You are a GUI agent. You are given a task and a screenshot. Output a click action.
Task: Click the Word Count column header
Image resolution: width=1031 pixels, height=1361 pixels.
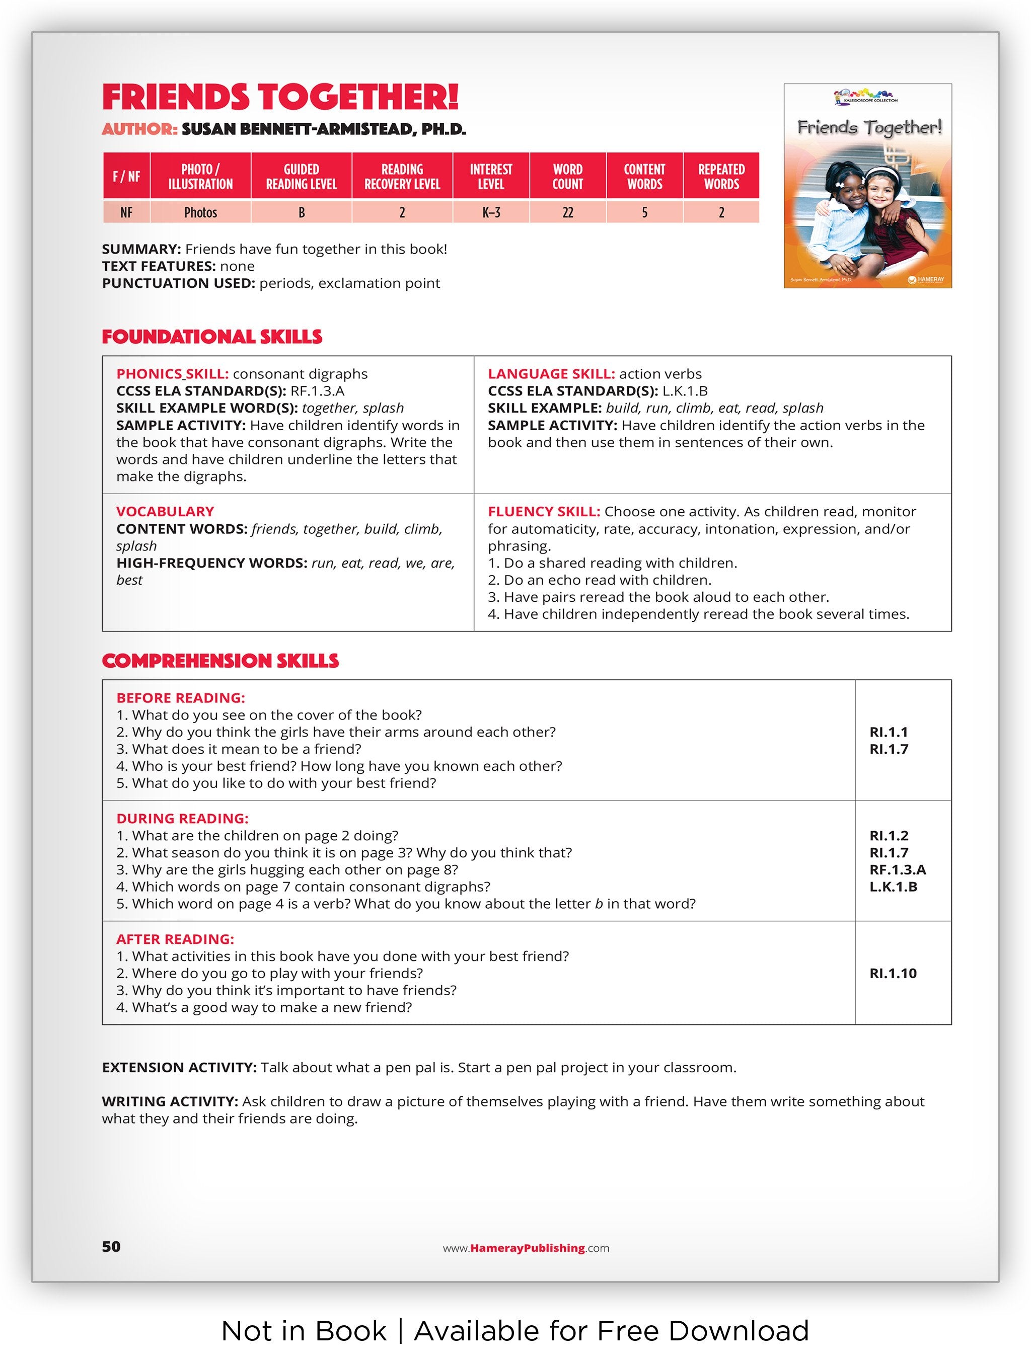pos(567,176)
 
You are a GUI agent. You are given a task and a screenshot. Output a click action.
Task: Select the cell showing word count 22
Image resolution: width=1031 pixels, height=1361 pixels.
pos(567,212)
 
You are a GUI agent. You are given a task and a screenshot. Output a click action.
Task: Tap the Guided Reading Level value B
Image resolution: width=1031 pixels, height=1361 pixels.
pos(301,212)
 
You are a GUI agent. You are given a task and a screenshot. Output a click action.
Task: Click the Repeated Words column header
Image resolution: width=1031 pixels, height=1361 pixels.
pos(721,176)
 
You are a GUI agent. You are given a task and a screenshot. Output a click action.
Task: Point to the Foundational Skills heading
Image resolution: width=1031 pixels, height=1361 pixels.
pos(212,337)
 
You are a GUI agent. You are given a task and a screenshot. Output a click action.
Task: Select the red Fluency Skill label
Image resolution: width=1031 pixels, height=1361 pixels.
pos(544,511)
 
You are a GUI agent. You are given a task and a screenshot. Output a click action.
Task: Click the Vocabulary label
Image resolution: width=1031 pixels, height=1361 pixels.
pos(165,511)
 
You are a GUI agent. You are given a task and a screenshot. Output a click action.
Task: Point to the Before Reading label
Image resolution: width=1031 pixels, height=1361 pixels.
pos(180,698)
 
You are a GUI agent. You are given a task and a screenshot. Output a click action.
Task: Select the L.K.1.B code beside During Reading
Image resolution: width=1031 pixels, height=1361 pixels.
pos(893,887)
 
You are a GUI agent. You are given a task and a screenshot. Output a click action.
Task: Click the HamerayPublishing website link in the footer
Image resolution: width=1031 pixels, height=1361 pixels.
pos(526,1248)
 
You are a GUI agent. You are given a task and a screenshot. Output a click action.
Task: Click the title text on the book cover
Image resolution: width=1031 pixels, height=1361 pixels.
pos(869,127)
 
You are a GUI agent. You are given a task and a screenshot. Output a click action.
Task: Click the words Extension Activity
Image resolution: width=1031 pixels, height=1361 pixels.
pos(179,1068)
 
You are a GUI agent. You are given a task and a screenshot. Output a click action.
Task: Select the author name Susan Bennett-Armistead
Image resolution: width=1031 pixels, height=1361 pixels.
pos(323,129)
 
